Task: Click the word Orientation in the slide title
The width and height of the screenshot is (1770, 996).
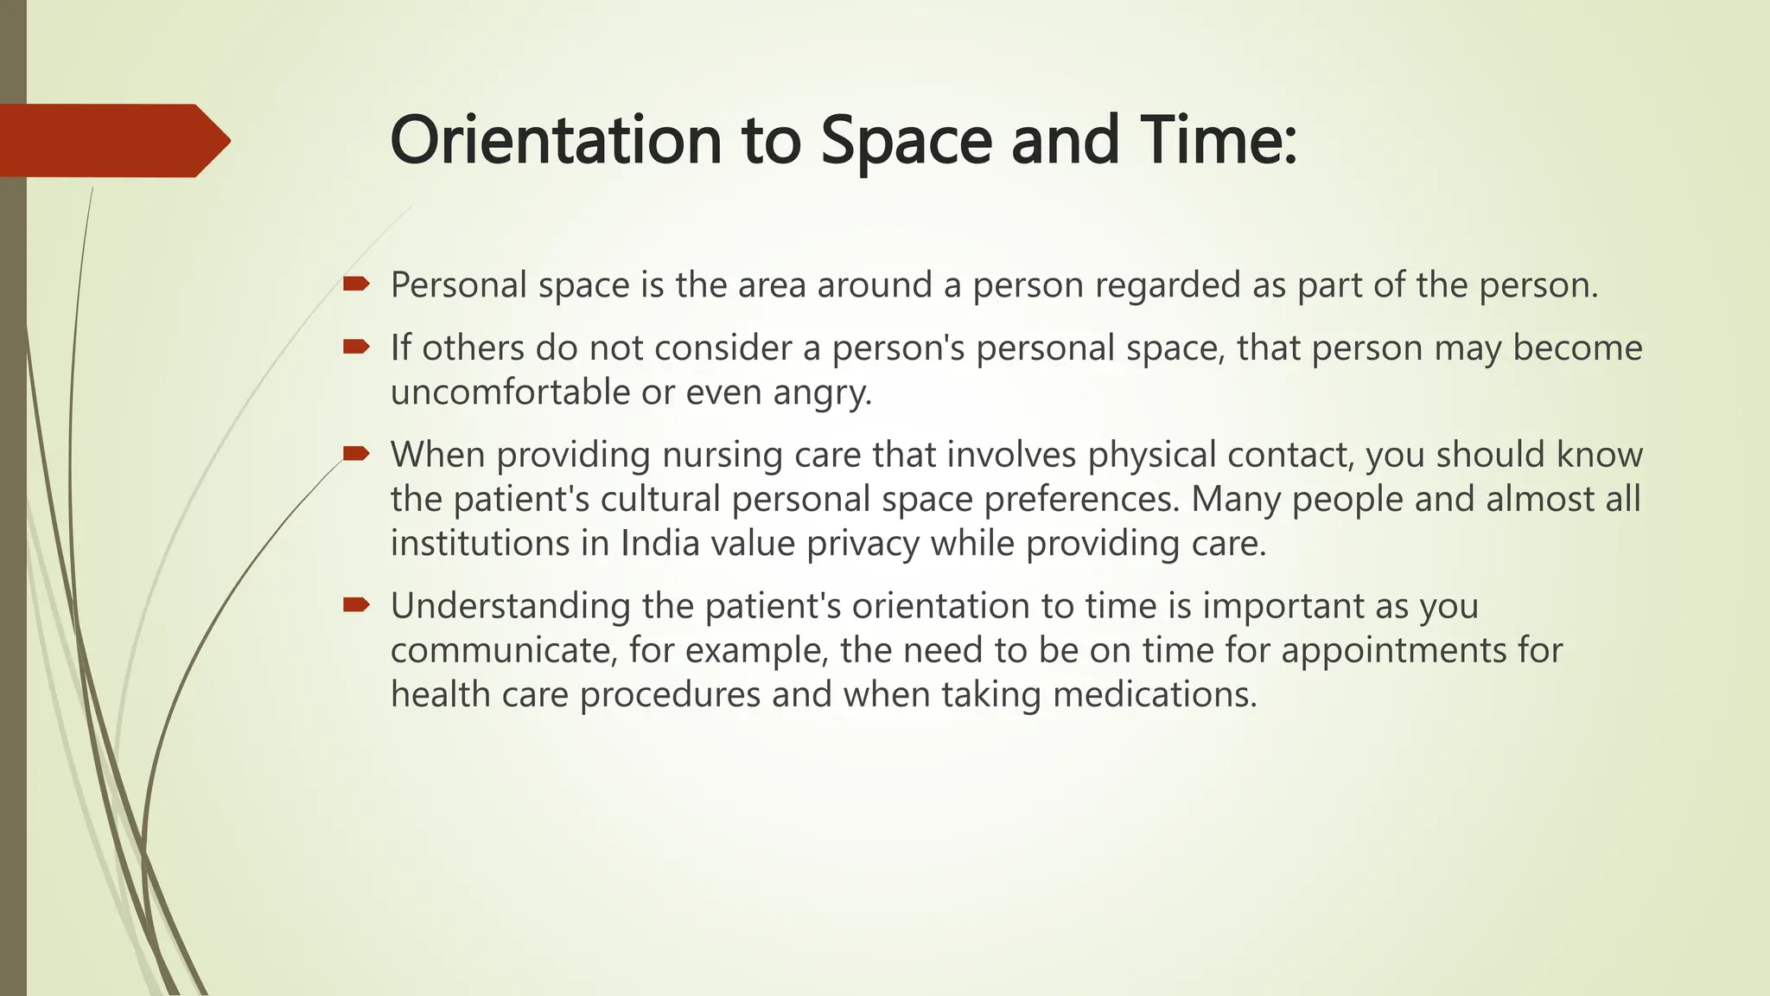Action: click(556, 140)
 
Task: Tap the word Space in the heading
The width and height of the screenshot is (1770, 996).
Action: click(906, 142)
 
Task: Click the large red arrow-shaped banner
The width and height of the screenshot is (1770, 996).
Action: click(112, 141)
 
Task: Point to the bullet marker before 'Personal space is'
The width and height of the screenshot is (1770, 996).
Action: click(355, 284)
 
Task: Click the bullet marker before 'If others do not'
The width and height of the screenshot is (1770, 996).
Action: click(355, 347)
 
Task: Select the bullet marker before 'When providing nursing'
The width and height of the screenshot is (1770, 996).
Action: click(355, 453)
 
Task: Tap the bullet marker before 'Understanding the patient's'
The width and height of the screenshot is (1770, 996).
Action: click(355, 604)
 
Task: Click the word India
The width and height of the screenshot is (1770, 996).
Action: click(659, 543)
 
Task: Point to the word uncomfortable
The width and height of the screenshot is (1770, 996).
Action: click(510, 392)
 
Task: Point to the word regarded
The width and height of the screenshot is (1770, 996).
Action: click(1167, 285)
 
